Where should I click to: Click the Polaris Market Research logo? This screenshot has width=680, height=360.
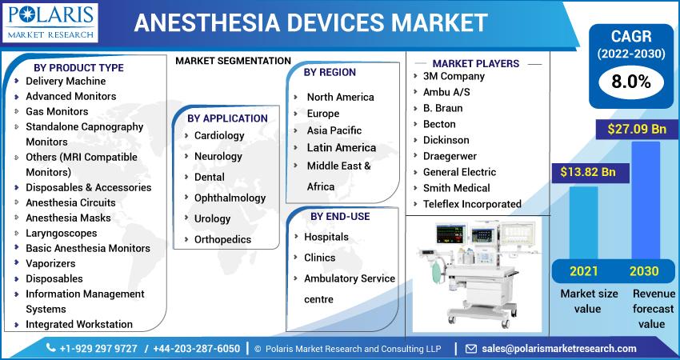pos(50,23)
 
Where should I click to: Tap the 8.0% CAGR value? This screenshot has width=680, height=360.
pos(631,82)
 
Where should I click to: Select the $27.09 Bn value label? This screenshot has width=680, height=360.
pos(637,130)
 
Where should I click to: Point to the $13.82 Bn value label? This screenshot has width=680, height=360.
pos(588,172)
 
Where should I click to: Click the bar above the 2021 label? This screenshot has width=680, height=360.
pos(583,223)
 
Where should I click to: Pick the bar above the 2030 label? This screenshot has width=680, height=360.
pos(646,200)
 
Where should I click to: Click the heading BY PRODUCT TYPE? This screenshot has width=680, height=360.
pos(78,68)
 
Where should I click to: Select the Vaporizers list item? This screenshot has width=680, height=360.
pos(50,263)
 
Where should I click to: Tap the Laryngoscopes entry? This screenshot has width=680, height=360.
pos(61,234)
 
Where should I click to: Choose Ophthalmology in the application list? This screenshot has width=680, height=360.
pos(230,198)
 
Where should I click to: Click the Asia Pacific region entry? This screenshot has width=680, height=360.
pos(334,130)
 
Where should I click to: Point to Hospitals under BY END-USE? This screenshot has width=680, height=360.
pos(326,237)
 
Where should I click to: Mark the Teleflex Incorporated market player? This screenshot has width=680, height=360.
pos(472,204)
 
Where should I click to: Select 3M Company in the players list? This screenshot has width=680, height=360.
pos(454,76)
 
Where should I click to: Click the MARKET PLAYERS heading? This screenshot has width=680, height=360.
pos(476,63)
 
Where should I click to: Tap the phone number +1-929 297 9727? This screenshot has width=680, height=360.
pos(98,349)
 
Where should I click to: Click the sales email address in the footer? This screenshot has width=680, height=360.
pos(559,348)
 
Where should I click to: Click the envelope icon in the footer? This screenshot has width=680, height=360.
pos(471,349)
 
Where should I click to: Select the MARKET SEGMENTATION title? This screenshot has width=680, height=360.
pos(233,61)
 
